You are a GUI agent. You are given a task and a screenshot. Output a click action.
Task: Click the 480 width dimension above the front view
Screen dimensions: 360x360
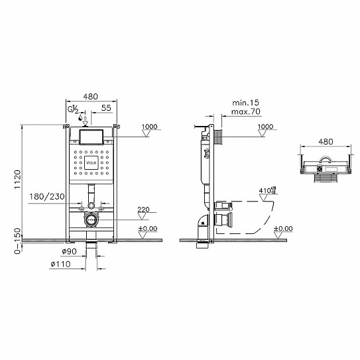[x=91, y=94]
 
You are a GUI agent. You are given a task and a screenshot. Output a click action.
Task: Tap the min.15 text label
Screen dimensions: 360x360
[x=245, y=102]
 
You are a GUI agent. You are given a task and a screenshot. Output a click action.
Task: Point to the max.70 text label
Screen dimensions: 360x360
[x=245, y=112]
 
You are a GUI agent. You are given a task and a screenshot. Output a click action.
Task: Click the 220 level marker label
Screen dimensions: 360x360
[x=143, y=211]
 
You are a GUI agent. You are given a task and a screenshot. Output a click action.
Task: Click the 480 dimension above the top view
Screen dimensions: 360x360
[x=326, y=142]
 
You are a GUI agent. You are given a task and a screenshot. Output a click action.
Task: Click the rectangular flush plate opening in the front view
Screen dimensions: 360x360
[x=92, y=137]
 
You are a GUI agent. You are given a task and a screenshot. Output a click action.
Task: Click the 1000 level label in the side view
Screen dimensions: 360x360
[x=265, y=127]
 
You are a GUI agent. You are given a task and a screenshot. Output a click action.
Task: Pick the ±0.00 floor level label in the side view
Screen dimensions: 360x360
[x=282, y=229]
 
